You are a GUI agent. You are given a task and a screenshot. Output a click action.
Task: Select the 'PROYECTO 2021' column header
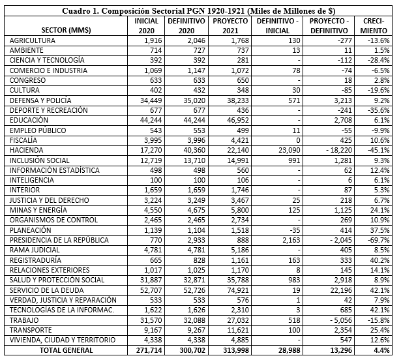(x=231, y=25)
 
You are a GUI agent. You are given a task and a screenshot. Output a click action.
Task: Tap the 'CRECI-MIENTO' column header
(x=374, y=25)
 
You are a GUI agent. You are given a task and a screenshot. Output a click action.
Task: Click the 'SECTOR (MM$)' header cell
(x=66, y=31)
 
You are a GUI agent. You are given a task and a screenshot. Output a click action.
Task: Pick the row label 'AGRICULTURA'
(x=33, y=40)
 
